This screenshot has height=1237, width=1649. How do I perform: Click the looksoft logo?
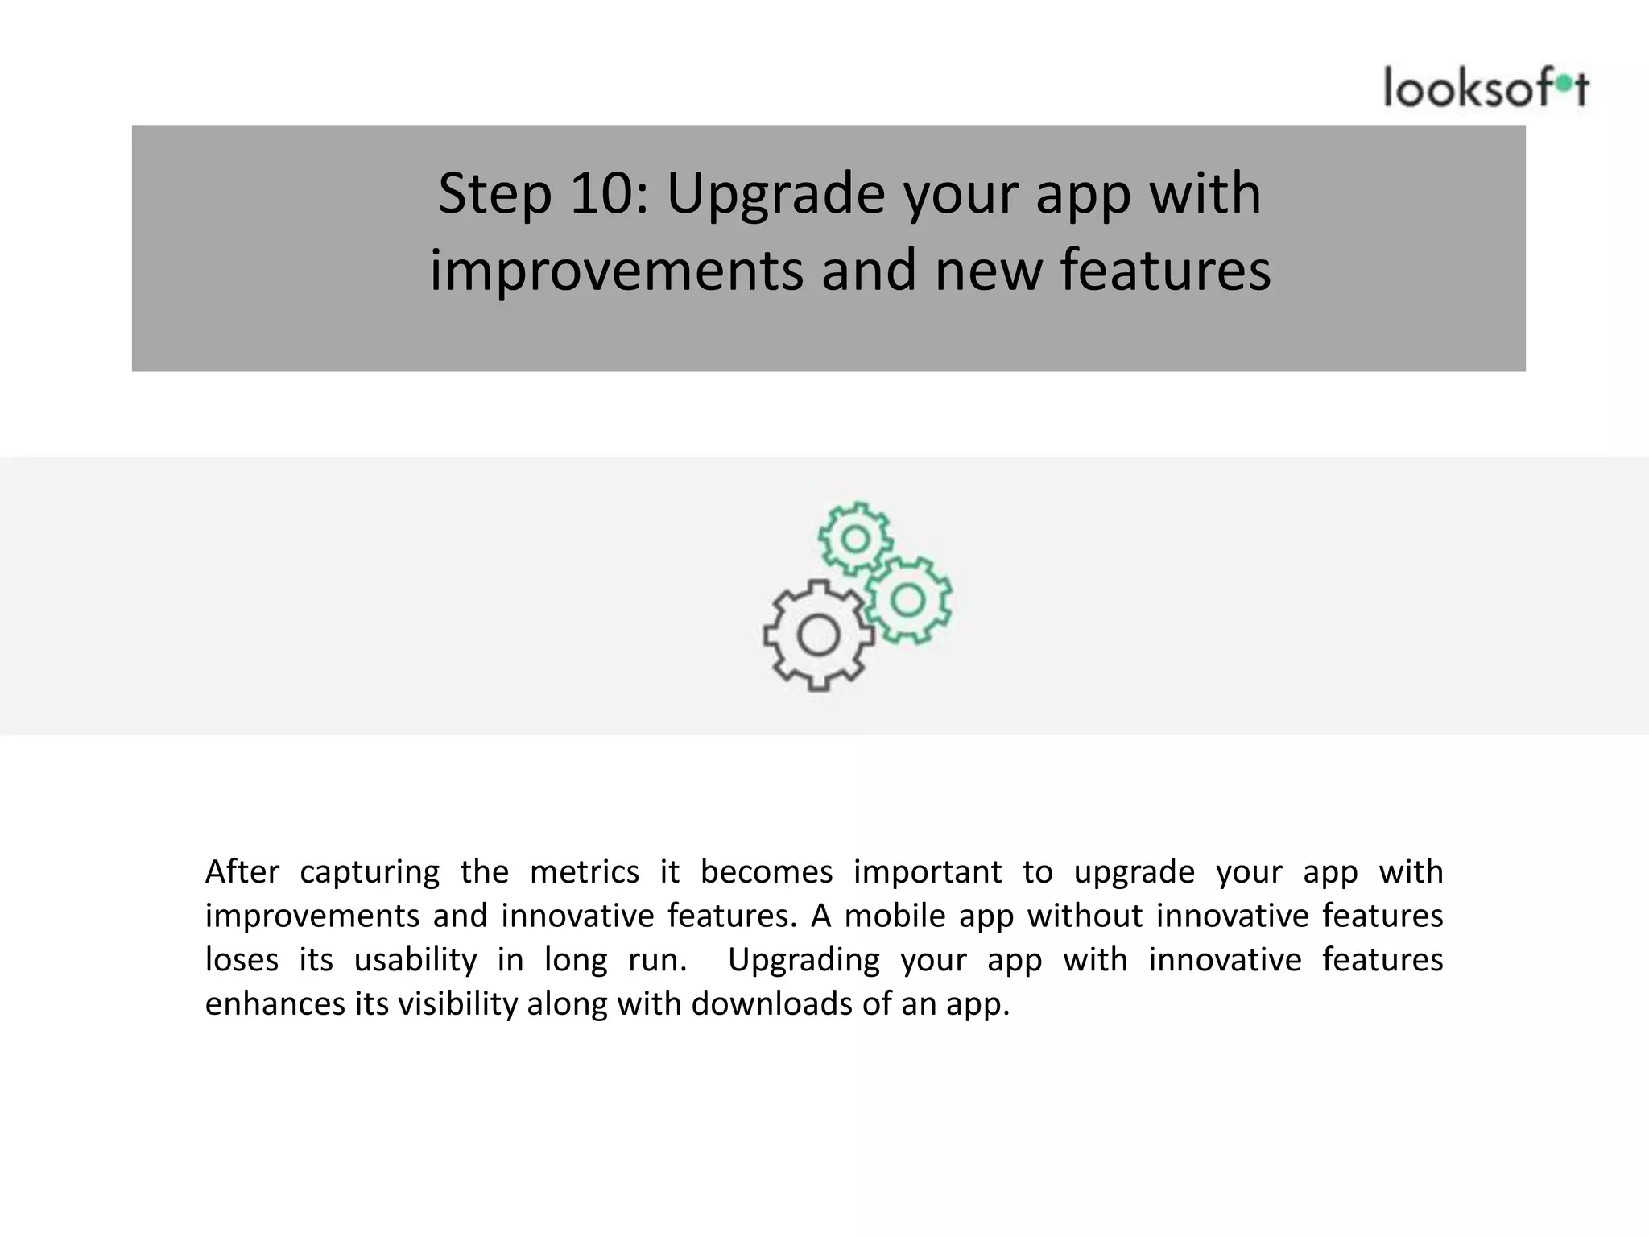click(x=1486, y=88)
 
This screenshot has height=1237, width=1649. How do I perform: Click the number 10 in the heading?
click(x=600, y=194)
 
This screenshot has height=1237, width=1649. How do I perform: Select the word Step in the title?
click(x=494, y=194)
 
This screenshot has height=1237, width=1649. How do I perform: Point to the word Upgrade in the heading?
click(x=775, y=194)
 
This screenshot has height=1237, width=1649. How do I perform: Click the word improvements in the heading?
click(x=616, y=270)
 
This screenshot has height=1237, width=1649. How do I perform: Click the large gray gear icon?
click(x=818, y=635)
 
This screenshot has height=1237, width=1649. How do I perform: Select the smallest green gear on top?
click(x=855, y=538)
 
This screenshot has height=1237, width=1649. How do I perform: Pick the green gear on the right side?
click(x=908, y=600)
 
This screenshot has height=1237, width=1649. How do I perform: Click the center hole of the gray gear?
click(x=818, y=636)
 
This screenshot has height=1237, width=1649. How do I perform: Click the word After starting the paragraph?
click(x=242, y=872)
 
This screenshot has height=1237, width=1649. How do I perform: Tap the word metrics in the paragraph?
click(x=584, y=872)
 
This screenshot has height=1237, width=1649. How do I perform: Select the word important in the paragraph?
click(x=928, y=872)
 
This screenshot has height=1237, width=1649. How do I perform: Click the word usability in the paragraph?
click(x=415, y=960)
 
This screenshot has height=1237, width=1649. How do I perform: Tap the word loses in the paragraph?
click(x=242, y=960)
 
